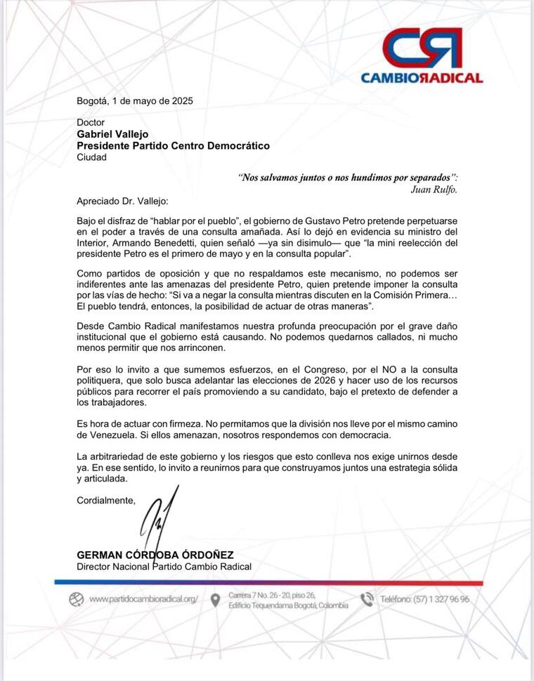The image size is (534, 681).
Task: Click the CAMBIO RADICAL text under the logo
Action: tap(422, 78)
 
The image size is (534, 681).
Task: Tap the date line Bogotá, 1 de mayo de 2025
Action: tap(134, 100)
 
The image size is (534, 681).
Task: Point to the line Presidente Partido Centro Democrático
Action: tap(173, 146)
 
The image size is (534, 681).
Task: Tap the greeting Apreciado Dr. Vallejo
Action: tap(118, 201)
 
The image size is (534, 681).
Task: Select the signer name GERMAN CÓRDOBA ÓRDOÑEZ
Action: tap(155, 555)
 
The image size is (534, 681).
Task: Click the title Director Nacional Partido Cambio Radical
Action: tap(164, 567)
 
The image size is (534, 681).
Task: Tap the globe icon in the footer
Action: tap(77, 600)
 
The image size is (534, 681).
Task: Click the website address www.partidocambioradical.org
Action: tap(144, 600)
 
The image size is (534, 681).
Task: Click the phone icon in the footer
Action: tap(367, 600)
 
